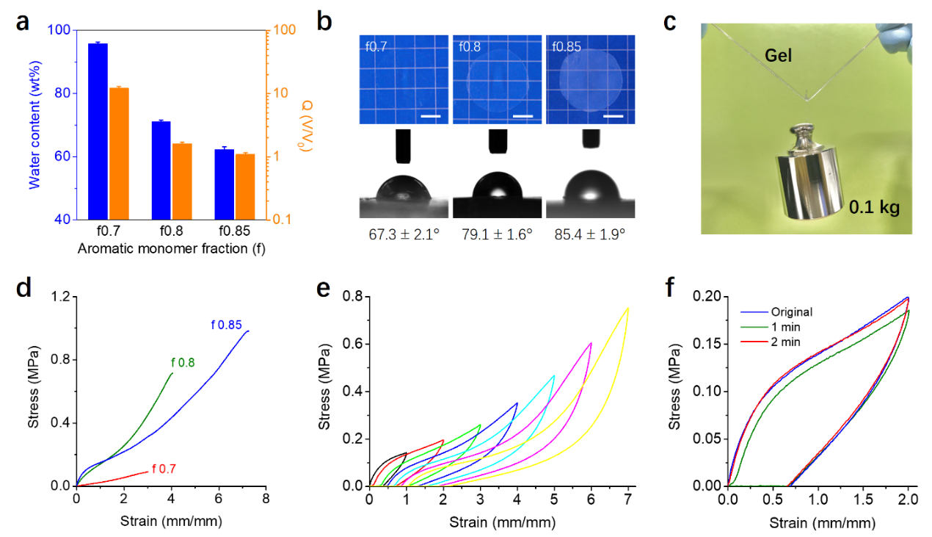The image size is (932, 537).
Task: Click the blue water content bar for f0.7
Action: (x=98, y=131)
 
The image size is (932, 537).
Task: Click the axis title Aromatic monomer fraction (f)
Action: (x=171, y=248)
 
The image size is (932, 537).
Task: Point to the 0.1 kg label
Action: (x=874, y=208)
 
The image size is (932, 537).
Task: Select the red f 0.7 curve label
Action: (x=164, y=469)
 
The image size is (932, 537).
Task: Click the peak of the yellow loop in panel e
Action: (x=628, y=307)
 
